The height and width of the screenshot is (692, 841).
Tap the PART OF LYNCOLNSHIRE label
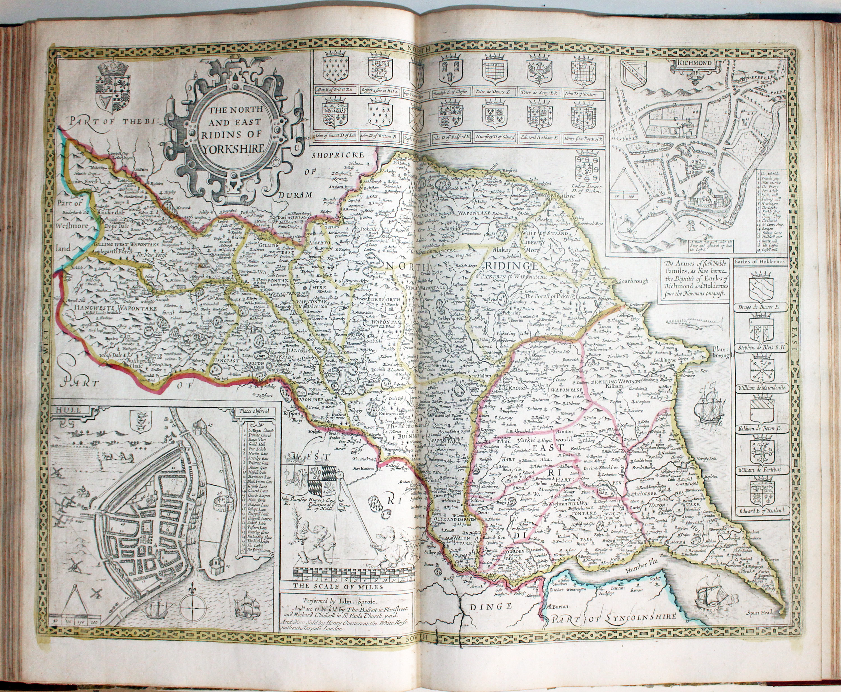[x=614, y=629]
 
